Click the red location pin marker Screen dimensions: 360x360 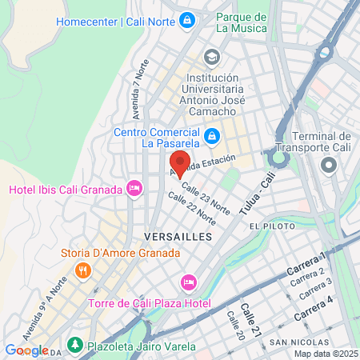180,162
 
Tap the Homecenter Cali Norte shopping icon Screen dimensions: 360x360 186,18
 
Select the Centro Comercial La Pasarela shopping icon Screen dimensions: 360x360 211,138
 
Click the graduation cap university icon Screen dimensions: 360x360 211,56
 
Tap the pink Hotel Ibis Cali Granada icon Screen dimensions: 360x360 134,189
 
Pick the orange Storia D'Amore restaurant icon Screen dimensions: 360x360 82,270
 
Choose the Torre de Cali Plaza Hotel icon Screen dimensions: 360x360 189,282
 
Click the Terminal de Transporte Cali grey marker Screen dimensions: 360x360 328,166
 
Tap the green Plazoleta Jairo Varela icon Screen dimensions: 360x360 74,345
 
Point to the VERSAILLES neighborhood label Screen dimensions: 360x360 178,237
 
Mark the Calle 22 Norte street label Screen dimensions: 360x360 191,210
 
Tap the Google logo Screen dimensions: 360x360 26,350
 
